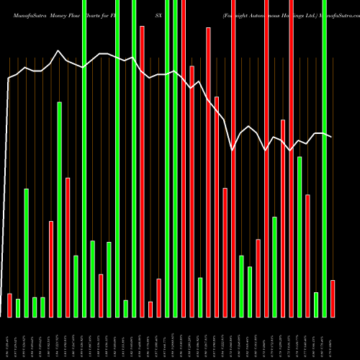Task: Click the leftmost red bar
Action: click(x=9, y=305)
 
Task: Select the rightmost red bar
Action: click(x=332, y=298)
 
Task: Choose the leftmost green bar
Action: click(x=18, y=307)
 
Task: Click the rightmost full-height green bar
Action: click(x=324, y=158)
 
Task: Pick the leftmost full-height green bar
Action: click(x=84, y=158)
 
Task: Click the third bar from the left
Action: click(x=26, y=252)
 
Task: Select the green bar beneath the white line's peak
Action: click(x=60, y=209)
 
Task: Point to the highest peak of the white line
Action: click(x=59, y=50)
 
